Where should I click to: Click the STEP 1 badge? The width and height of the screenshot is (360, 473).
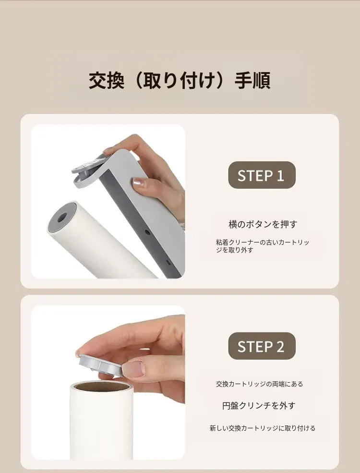(262, 175)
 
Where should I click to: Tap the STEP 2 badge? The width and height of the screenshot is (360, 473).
(262, 346)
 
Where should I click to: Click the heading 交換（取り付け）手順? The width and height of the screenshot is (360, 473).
(180, 81)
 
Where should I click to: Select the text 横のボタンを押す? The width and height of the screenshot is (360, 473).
(263, 224)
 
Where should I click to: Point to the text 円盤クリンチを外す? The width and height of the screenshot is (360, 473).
(259, 406)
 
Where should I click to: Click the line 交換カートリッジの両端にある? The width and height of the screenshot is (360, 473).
(259, 384)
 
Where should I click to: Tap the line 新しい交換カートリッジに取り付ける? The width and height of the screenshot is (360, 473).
(262, 428)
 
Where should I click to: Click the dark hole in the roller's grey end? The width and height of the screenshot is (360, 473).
(62, 217)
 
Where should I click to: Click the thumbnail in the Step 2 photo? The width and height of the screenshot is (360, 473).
(133, 369)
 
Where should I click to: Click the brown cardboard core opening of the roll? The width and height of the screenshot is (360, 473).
(101, 386)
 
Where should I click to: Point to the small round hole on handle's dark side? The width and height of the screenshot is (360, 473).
(147, 232)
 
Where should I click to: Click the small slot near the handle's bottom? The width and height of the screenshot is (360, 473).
(168, 262)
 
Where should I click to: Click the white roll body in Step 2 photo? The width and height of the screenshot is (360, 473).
(102, 422)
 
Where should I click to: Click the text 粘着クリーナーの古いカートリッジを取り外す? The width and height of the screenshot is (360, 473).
(262, 246)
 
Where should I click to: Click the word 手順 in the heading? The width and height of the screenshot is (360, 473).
(252, 81)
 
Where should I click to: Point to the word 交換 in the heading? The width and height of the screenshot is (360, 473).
(107, 81)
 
